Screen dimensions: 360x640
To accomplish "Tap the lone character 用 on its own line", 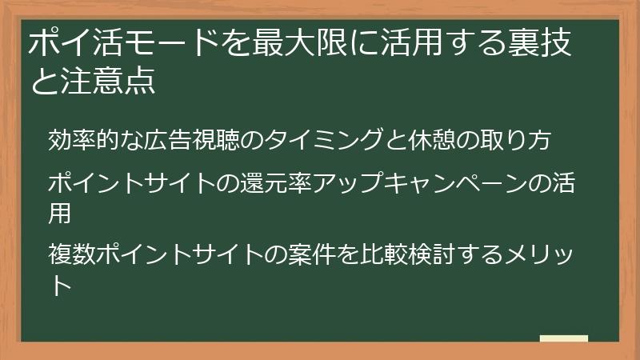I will pos(60,214).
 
